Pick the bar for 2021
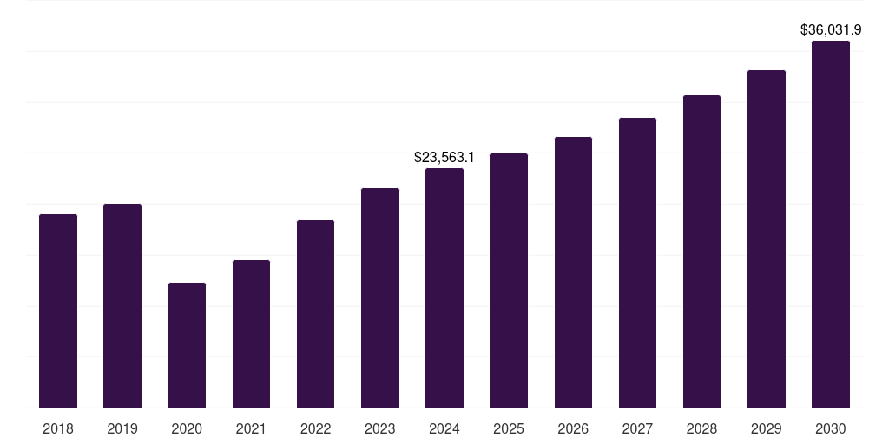point(251,334)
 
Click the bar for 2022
point(315,314)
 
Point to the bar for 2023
point(380,297)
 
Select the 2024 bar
point(444,288)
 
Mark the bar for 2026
point(573,272)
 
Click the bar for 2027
point(637,263)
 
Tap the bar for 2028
point(701,251)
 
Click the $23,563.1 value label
point(444,158)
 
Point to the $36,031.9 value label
point(831,29)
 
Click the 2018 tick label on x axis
point(58,428)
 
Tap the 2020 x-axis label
point(187,428)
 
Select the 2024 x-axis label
point(444,428)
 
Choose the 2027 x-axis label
point(637,428)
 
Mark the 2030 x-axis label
point(831,428)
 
